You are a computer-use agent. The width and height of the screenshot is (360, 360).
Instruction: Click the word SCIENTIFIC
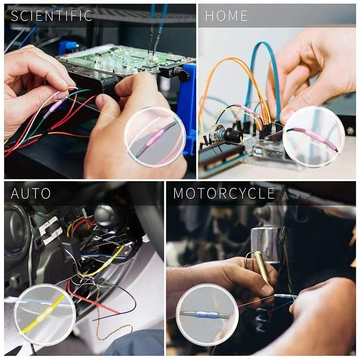click(x=51, y=16)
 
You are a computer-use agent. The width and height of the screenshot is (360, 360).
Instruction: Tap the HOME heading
click(x=226, y=16)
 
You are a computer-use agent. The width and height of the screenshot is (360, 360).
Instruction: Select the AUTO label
click(x=31, y=193)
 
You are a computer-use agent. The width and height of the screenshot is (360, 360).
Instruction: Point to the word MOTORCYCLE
click(x=224, y=193)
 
